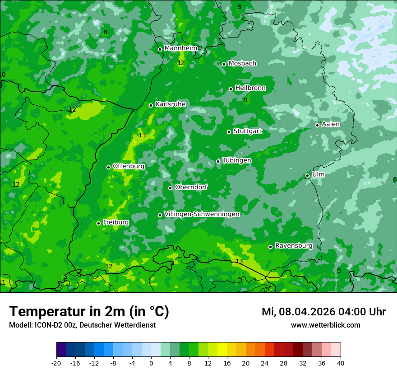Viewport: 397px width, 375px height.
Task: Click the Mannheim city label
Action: (x=180, y=48)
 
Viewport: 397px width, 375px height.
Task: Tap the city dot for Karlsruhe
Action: (x=151, y=105)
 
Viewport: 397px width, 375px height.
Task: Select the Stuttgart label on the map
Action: (x=247, y=131)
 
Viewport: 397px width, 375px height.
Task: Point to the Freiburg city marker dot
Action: (x=98, y=223)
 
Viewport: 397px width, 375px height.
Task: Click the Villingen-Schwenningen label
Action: (x=202, y=214)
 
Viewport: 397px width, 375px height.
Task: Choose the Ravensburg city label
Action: (x=294, y=245)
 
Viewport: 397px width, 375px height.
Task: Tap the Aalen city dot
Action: (x=317, y=125)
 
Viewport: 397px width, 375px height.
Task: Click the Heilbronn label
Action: (x=250, y=88)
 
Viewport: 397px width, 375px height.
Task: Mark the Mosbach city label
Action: (x=242, y=63)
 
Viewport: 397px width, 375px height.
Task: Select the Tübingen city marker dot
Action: (x=218, y=161)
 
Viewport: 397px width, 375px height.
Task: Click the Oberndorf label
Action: (x=191, y=187)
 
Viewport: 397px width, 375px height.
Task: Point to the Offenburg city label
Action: (x=129, y=166)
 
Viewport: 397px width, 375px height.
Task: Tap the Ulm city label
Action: (x=318, y=174)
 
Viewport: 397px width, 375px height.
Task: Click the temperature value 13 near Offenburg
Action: (x=142, y=135)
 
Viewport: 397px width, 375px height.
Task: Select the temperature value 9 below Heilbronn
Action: (x=245, y=100)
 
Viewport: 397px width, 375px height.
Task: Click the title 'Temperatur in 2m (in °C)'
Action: (x=89, y=311)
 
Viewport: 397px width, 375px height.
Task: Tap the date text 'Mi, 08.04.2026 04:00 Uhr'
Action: (x=323, y=312)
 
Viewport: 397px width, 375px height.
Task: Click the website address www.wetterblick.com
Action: (x=325, y=325)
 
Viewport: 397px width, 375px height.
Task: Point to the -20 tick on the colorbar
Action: (x=56, y=363)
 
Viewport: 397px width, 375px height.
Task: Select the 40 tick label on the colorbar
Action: (x=341, y=363)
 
